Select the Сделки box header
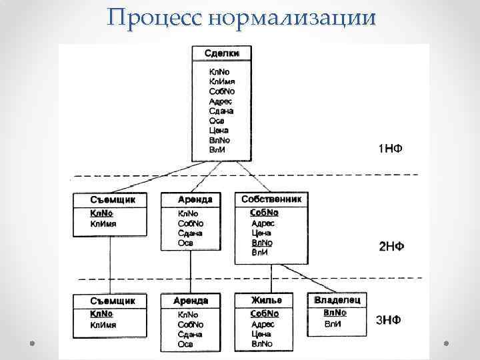coord(221,53)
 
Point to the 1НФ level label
coord(390,147)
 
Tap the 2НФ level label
coord(391,247)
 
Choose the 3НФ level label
coord(389,320)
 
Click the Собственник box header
coord(271,199)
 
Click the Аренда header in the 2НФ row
coord(195,199)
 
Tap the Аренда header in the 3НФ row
coord(191,301)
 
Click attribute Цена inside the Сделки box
coord(219,131)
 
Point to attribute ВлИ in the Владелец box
coord(332,324)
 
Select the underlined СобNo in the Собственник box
coord(264,213)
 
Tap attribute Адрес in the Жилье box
coord(263,324)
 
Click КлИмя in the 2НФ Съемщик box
coord(103,224)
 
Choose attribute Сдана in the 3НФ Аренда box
coord(189,334)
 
